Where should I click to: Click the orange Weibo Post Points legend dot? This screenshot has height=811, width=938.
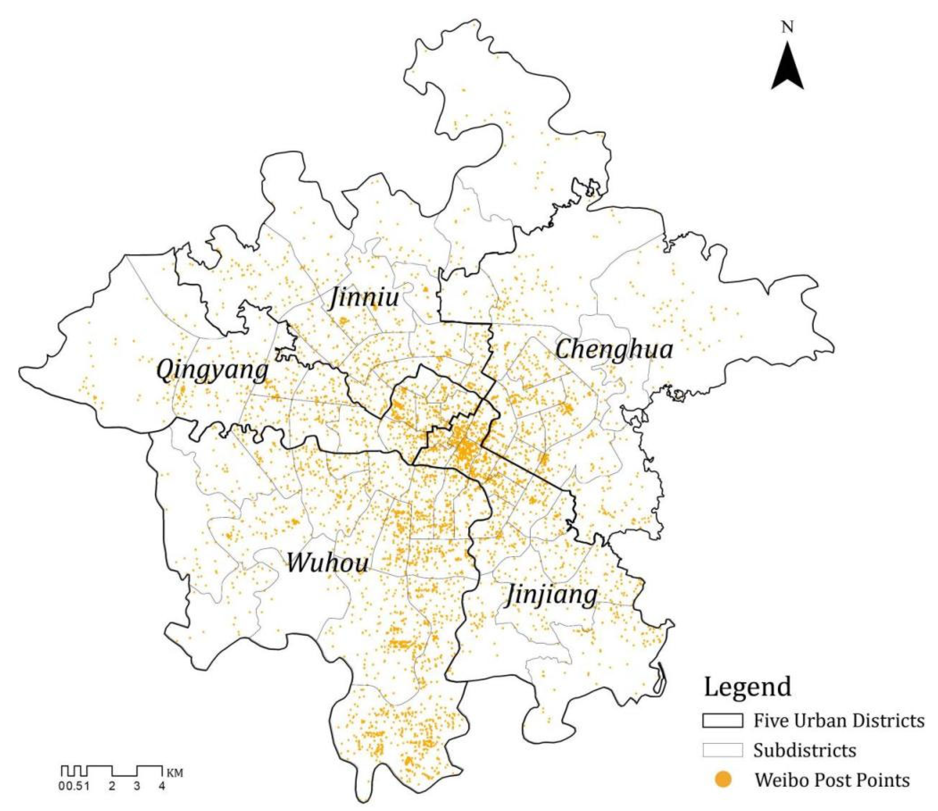[x=723, y=780]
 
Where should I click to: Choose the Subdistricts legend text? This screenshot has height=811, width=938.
[x=804, y=751]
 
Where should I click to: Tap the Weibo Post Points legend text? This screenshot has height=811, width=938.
[x=832, y=780]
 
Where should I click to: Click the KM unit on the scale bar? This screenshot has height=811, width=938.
[x=175, y=773]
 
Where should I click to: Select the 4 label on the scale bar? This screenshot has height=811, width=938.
[x=162, y=786]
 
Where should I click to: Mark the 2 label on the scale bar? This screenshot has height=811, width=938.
[x=112, y=786]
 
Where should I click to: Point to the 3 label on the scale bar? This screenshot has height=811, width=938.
[x=137, y=786]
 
